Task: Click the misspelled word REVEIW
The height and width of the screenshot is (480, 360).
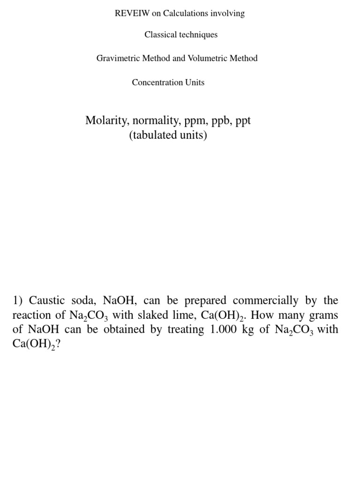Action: [x=132, y=14]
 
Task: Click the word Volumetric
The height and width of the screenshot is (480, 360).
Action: [x=207, y=59]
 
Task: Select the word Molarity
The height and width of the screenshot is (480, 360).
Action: [x=105, y=120]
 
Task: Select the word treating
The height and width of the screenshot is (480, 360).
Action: [x=186, y=330]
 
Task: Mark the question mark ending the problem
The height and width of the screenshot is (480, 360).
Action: [x=58, y=345]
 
